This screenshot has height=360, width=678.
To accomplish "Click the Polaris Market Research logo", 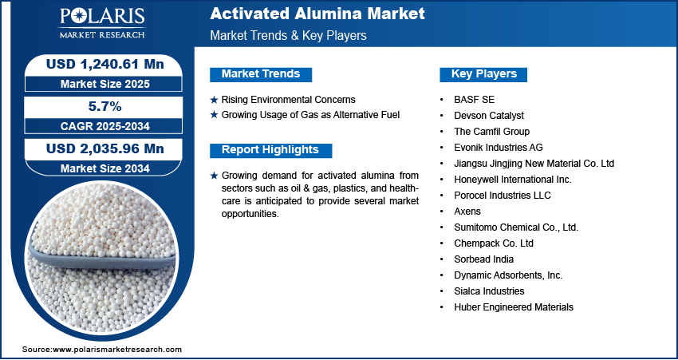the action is pyautogui.click(x=102, y=23).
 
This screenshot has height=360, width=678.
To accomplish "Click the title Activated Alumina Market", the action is pyautogui.click(x=317, y=14).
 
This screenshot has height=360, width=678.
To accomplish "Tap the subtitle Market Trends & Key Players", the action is pyautogui.click(x=289, y=35).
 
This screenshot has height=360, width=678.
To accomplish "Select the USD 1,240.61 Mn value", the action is pyautogui.click(x=105, y=64).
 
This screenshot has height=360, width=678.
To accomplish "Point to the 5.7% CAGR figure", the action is pyautogui.click(x=105, y=106).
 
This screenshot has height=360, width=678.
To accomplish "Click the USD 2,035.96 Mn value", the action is pyautogui.click(x=105, y=148).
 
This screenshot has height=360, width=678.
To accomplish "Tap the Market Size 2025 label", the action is pyautogui.click(x=105, y=84).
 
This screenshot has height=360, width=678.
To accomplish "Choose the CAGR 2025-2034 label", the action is pyautogui.click(x=105, y=126).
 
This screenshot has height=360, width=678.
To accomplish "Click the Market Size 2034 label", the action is pyautogui.click(x=105, y=168).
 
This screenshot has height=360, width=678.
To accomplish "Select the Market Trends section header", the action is pyautogui.click(x=261, y=74).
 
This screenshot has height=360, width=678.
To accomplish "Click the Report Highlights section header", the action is pyautogui.click(x=270, y=150).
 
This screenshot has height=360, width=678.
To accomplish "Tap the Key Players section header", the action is pyautogui.click(x=484, y=74).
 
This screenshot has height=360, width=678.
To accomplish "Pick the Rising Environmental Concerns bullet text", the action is pyautogui.click(x=289, y=100).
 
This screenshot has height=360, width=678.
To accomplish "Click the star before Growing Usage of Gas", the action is pyautogui.click(x=214, y=115).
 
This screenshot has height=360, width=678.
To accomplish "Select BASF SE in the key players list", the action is pyautogui.click(x=475, y=100).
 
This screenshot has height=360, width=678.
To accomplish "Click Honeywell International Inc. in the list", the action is pyautogui.click(x=513, y=179).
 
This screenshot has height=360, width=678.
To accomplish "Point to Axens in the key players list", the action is pyautogui.click(x=467, y=212).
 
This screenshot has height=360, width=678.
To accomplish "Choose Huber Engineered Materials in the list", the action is pyautogui.click(x=514, y=307).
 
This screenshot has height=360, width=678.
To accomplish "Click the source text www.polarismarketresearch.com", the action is pyautogui.click(x=117, y=349).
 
